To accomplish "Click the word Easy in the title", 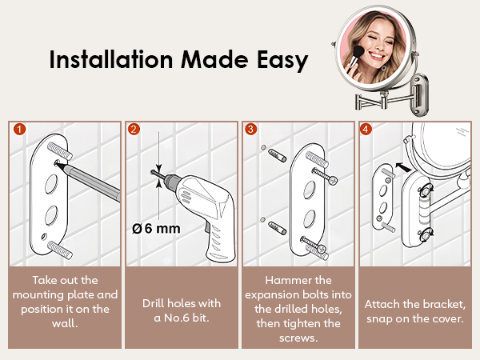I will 279,61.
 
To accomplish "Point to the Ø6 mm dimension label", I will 156,228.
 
